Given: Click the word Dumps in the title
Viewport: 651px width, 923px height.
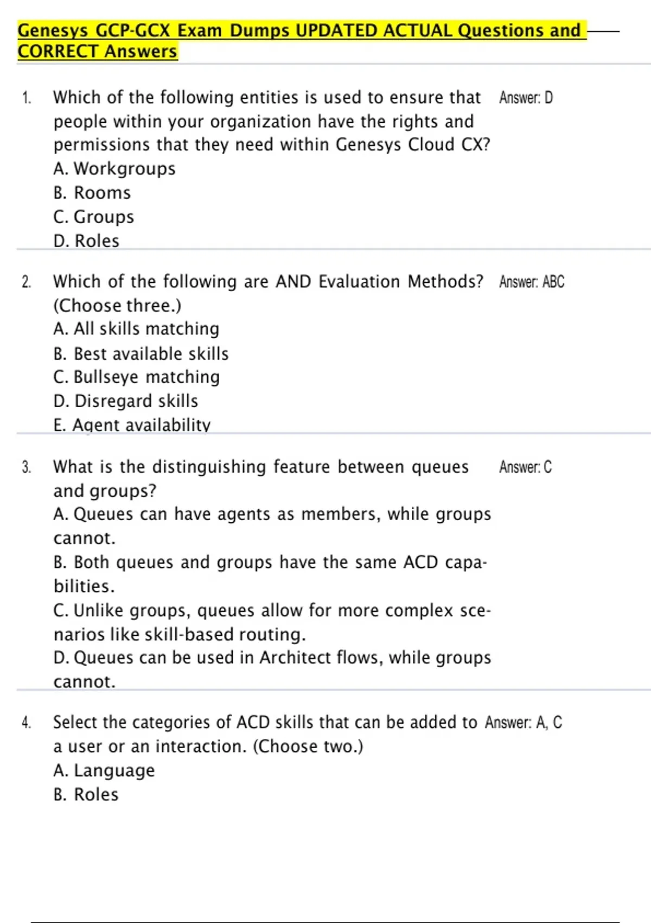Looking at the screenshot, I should click(259, 30).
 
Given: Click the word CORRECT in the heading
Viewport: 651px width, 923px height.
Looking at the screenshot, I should click(58, 52).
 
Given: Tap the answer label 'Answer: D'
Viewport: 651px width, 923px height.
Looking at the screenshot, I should click(526, 98).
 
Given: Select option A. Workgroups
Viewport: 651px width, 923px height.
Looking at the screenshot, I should click(114, 169).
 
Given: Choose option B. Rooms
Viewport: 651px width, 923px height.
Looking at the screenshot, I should click(92, 193).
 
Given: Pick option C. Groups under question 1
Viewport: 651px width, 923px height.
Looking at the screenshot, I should click(93, 217).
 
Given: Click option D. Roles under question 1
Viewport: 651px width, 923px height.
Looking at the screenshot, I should click(86, 241).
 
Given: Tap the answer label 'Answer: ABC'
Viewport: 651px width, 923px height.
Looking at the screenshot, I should click(532, 282).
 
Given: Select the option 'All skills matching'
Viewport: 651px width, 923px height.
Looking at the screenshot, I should click(136, 329).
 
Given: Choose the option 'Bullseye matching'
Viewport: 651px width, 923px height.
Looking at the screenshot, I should click(137, 377).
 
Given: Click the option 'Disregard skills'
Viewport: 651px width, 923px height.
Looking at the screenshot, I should click(126, 401).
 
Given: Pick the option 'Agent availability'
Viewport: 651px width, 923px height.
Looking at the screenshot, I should click(132, 425).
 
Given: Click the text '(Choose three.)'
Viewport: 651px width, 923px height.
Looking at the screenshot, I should click(117, 306).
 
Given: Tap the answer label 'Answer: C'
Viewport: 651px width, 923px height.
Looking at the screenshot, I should click(525, 467).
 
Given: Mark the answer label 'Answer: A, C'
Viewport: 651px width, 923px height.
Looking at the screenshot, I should click(524, 723).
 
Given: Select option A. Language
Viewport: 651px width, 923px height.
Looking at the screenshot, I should click(104, 770).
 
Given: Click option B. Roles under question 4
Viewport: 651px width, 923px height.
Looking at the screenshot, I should click(86, 794).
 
